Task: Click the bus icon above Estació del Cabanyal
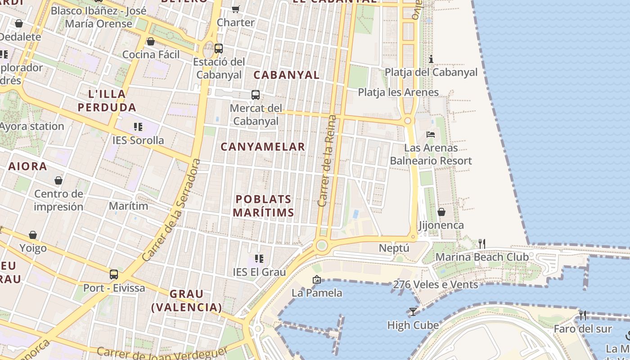(x=219, y=48)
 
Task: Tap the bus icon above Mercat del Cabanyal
(x=256, y=94)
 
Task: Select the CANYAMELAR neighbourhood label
(x=263, y=147)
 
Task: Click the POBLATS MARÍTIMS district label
(x=264, y=206)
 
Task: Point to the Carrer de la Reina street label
(x=327, y=161)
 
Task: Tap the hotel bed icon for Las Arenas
(x=431, y=134)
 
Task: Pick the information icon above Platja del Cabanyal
(x=431, y=59)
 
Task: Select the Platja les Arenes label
(x=398, y=92)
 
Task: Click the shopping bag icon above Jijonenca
(x=441, y=211)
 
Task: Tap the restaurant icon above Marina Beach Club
(x=482, y=243)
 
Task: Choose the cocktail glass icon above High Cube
(x=413, y=311)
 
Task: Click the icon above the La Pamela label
(x=316, y=279)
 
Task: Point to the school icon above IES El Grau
(x=259, y=258)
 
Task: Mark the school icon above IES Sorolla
(x=138, y=127)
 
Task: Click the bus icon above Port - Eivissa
(x=114, y=274)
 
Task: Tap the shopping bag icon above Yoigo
(x=33, y=235)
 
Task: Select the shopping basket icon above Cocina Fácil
(x=151, y=41)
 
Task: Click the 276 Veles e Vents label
(x=435, y=284)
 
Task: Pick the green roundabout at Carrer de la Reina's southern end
(x=321, y=245)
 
